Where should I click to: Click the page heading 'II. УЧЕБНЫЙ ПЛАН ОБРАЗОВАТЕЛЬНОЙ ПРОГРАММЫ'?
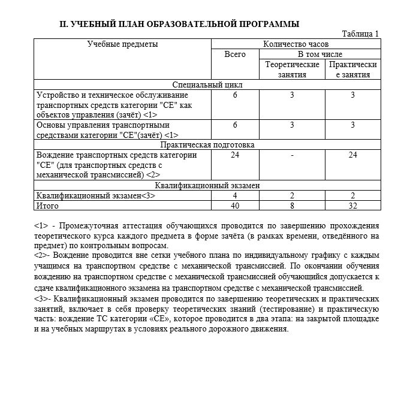tap(179, 25)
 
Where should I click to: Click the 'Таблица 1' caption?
tap(360, 34)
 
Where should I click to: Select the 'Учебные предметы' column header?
tap(122, 44)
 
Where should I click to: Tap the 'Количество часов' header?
tap(296, 44)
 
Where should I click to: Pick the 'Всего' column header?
tap(235, 55)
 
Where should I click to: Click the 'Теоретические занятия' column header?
tap(292, 69)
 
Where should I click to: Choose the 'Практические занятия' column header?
tap(353, 69)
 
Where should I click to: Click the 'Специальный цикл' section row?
tap(207, 85)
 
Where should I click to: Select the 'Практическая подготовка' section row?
tap(207, 145)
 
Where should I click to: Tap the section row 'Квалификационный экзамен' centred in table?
tap(207, 185)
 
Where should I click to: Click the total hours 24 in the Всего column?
tap(235, 155)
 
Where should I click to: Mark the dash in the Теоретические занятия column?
tap(292, 155)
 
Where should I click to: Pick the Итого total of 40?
tap(235, 206)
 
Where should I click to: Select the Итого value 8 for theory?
tap(292, 206)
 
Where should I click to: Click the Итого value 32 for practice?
tap(353, 206)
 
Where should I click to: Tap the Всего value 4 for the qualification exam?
tap(235, 195)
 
